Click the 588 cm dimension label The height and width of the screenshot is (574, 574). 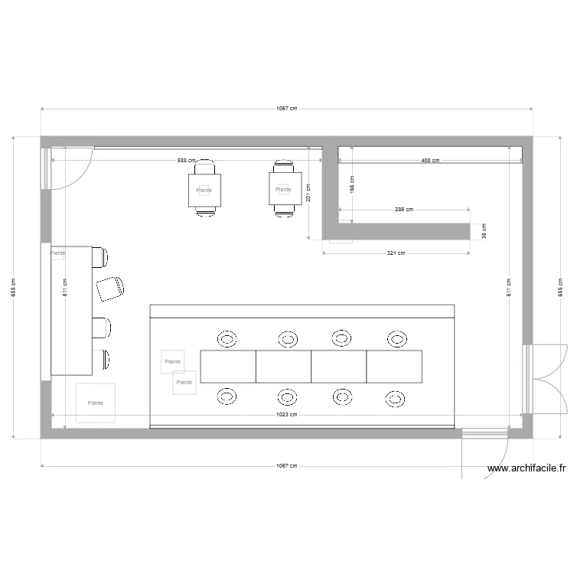click(x=187, y=161)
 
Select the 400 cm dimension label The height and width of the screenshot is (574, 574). click(x=430, y=161)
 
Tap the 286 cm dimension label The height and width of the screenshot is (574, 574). click(x=404, y=209)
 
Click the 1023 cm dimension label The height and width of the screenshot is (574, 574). click(x=287, y=414)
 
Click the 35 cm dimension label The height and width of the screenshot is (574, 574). click(x=484, y=231)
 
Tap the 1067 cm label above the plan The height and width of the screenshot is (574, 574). click(x=287, y=109)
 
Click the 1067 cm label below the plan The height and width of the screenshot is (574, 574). click(x=287, y=465)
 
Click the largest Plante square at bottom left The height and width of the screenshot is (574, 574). click(x=96, y=403)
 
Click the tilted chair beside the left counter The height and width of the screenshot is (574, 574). click(x=110, y=287)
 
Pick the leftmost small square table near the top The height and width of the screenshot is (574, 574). click(x=204, y=190)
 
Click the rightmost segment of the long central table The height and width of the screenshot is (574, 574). click(x=394, y=367)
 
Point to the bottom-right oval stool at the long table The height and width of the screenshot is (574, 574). click(x=394, y=397)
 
